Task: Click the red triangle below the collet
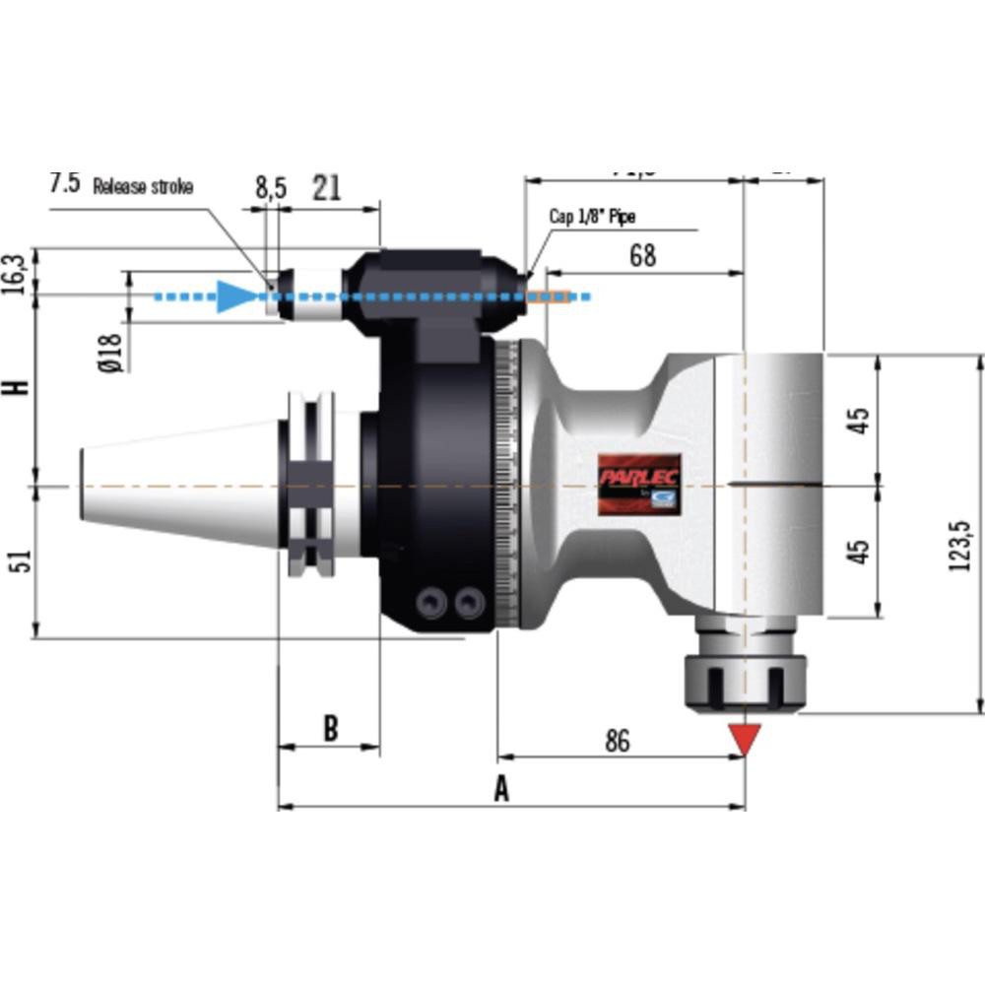point(745,737)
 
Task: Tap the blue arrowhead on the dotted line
point(234,295)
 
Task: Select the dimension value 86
point(617,742)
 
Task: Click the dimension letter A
point(501,789)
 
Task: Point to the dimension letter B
point(331,729)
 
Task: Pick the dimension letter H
point(17,387)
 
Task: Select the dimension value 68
point(641,255)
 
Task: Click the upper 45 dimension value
point(860,421)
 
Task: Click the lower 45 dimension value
point(860,550)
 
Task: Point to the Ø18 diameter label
point(111,352)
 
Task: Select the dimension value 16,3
point(18,271)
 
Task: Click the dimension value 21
point(326,187)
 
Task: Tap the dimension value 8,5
point(270,187)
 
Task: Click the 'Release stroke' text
point(143,186)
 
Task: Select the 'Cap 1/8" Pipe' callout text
point(594,217)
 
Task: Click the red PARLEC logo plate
point(639,484)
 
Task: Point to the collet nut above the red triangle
point(745,679)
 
